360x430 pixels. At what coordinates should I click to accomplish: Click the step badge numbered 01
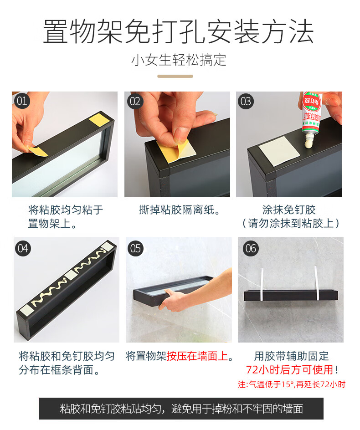click(22, 101)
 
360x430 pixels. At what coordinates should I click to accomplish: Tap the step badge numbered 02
click(135, 101)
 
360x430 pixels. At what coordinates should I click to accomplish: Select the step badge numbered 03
click(246, 101)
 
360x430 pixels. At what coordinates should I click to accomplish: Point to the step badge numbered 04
click(23, 248)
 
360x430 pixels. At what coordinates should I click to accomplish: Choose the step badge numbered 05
click(135, 248)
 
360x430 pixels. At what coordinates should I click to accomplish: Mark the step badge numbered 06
click(251, 248)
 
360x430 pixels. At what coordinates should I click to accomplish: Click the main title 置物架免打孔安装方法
click(179, 31)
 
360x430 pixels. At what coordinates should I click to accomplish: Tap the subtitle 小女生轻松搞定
click(179, 60)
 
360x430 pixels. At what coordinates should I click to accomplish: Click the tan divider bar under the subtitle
click(175, 76)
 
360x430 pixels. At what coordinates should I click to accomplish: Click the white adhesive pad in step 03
click(279, 150)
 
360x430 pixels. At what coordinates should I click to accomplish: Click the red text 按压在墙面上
click(197, 356)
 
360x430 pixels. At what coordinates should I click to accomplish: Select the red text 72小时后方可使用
click(289, 369)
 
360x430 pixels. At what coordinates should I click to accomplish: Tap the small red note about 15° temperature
click(292, 384)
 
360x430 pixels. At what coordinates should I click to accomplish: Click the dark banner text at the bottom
click(181, 409)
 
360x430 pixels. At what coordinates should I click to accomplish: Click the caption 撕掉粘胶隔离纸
click(180, 210)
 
